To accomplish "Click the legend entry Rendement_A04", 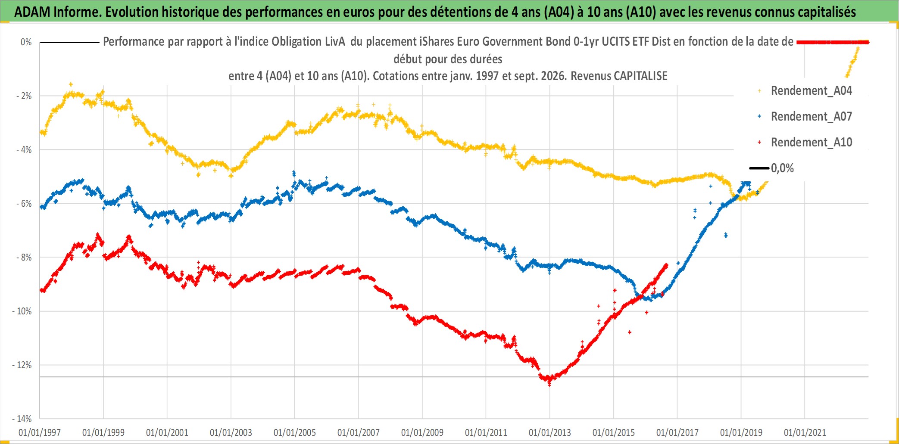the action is tap(811, 91).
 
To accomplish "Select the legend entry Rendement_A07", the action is tap(811, 117).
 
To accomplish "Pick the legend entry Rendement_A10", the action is tap(811, 143).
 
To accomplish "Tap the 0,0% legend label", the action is tap(782, 168).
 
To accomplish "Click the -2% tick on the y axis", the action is tap(24, 96).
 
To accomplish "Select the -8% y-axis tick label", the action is tap(24, 257).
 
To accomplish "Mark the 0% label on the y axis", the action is tap(26, 42).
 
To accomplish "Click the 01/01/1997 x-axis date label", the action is tap(40, 432).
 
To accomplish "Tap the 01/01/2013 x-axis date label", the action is tap(550, 432).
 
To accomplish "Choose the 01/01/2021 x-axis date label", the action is tap(805, 432).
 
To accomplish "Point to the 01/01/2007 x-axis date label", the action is tap(359, 432).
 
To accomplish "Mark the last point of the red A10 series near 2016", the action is tap(667, 265).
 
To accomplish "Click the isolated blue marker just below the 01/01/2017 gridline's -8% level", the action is tap(678, 263).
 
